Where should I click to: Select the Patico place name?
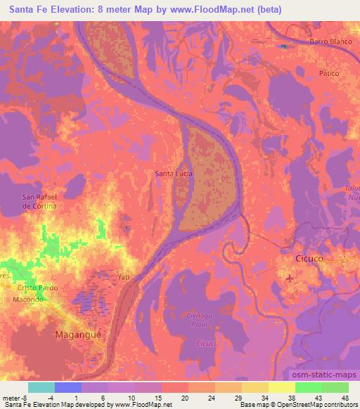point(328,73)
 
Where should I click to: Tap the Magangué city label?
point(79,335)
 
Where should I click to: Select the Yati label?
point(124,277)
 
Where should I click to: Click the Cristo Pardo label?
point(39,288)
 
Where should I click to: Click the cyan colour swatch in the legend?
point(41,387)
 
